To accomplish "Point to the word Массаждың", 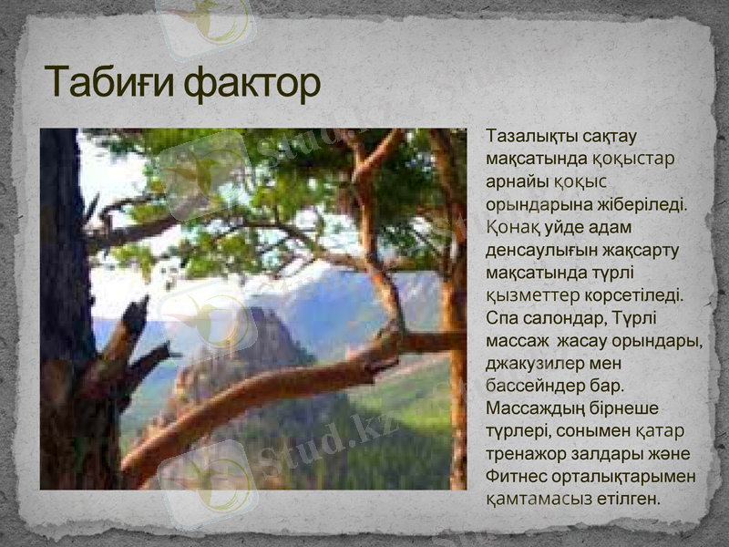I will point(536,408).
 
